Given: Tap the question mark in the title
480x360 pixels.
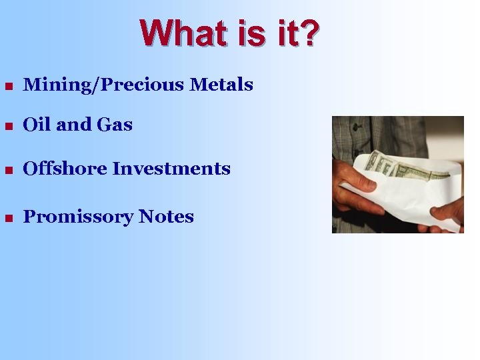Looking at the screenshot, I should (x=311, y=33).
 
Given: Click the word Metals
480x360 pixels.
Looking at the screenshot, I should (x=221, y=85).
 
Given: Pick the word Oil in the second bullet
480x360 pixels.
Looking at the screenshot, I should (x=37, y=125).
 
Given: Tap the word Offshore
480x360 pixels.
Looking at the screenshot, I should (x=64, y=169).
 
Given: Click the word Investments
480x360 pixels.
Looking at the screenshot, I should (x=171, y=169).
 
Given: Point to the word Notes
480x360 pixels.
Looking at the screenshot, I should (x=166, y=217).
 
